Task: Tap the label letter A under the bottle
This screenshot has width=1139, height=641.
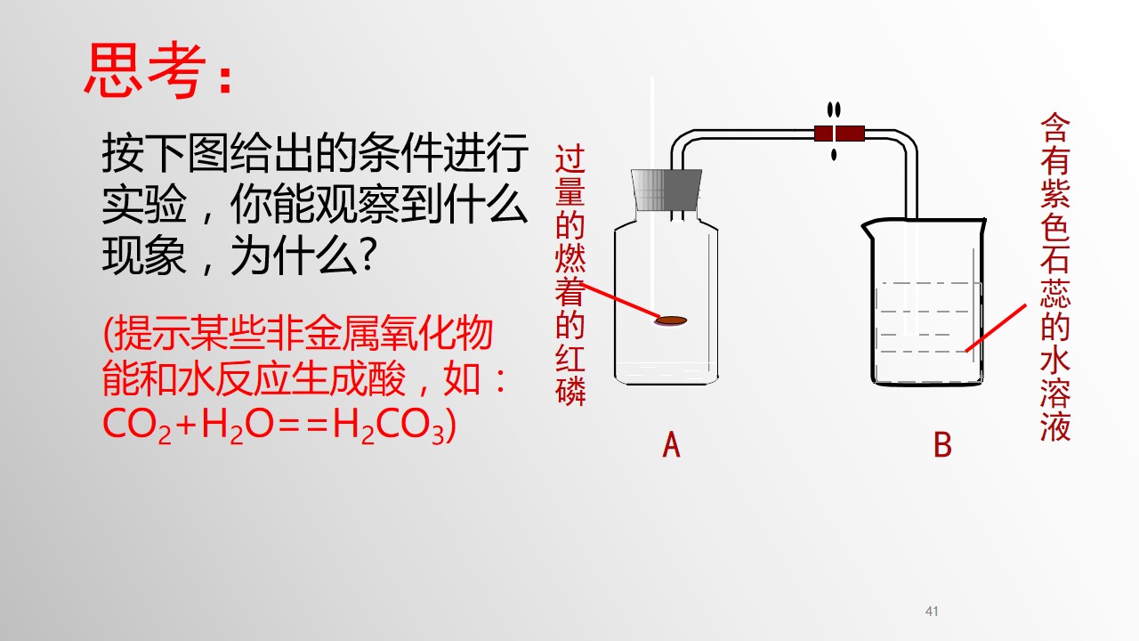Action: (x=671, y=444)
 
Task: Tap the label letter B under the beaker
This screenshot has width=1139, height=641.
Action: (x=942, y=444)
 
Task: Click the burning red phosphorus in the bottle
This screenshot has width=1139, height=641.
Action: (x=671, y=320)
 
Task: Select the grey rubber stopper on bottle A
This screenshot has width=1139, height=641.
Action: (x=666, y=190)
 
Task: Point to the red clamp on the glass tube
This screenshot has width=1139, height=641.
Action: (x=839, y=134)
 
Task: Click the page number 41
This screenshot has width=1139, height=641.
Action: (x=932, y=611)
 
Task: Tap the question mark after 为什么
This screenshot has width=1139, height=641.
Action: (x=368, y=255)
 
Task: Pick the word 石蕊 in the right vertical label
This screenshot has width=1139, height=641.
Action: (x=1055, y=276)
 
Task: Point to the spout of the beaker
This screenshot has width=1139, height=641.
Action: (x=866, y=225)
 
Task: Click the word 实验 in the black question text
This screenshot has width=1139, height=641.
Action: (x=144, y=205)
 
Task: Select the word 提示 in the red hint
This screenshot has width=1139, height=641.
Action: (x=151, y=333)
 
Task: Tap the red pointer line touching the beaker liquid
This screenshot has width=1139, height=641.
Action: (x=996, y=328)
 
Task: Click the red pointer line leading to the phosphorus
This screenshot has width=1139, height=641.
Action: (x=620, y=301)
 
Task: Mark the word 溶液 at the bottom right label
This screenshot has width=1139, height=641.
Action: (x=1055, y=410)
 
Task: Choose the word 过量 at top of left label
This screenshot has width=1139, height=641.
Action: (x=570, y=174)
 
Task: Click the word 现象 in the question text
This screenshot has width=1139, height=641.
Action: (x=144, y=255)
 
